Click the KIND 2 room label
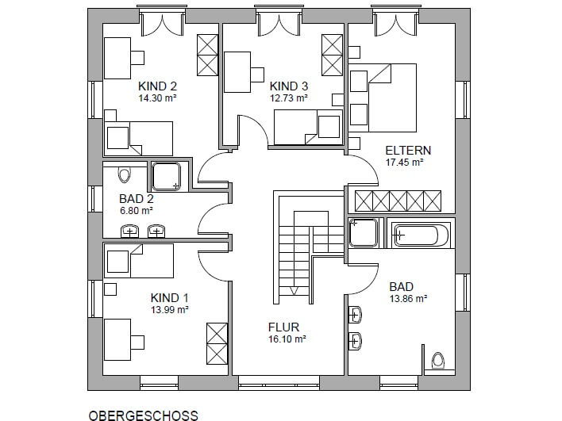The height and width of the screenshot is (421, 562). click(x=157, y=86)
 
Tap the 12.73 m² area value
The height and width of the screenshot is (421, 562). click(x=289, y=98)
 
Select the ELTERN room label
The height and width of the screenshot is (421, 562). click(x=408, y=151)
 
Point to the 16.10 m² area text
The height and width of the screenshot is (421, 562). click(x=287, y=339)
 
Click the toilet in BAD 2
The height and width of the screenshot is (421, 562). click(x=124, y=174)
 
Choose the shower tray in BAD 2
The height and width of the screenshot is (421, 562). click(x=166, y=177)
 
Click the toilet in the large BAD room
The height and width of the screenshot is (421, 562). click(x=437, y=360)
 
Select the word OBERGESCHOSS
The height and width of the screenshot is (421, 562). click(x=143, y=415)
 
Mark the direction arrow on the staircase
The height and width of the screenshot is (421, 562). click(x=294, y=291)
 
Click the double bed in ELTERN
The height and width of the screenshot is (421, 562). click(x=383, y=98)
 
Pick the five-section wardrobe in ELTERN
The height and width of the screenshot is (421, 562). click(x=398, y=201)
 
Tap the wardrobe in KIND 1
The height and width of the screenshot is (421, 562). click(x=217, y=343)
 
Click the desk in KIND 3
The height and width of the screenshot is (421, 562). click(x=237, y=72)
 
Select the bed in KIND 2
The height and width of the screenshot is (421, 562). click(x=138, y=139)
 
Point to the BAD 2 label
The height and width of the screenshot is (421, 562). click(x=137, y=199)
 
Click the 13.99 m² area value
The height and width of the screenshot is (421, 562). click(x=170, y=310)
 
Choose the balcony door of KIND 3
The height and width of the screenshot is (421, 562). click(x=279, y=23)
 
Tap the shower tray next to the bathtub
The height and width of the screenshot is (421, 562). click(x=364, y=232)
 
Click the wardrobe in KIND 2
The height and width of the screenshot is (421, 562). click(x=207, y=55)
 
